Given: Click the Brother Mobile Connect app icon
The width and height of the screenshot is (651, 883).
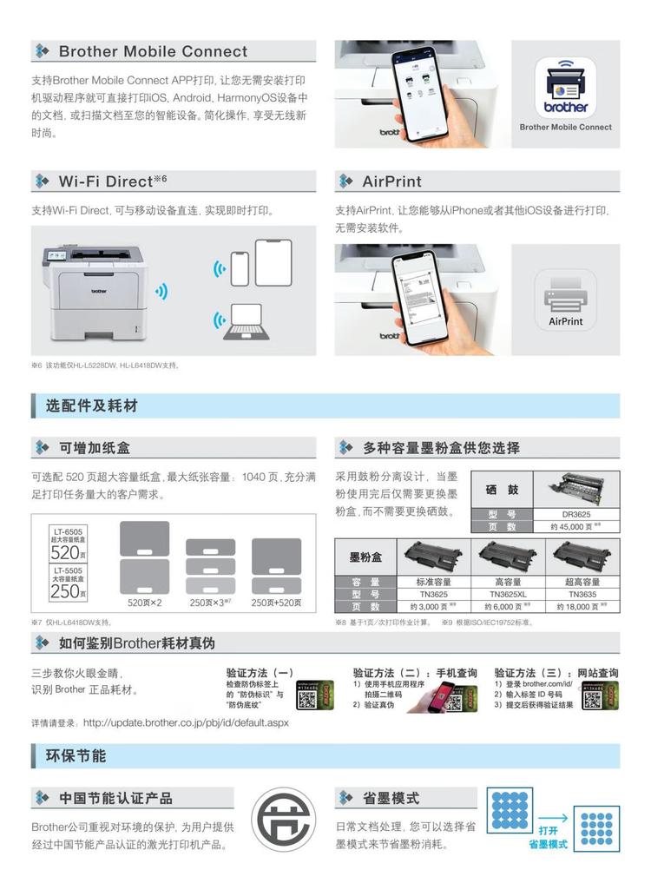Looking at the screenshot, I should [x=566, y=89].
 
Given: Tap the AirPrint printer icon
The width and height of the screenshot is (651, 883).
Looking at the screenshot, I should [x=566, y=300].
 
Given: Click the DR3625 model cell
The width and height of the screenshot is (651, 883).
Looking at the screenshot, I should [x=575, y=514].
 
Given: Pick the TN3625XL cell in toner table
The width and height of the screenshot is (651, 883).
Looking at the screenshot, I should [x=508, y=594].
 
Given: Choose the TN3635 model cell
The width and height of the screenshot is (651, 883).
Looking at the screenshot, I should [x=582, y=594].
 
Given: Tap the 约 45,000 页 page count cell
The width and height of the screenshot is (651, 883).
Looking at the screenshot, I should [x=575, y=526].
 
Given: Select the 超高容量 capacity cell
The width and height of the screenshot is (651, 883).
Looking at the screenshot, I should [x=582, y=582].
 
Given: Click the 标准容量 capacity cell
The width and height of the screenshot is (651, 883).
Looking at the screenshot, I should [x=433, y=582].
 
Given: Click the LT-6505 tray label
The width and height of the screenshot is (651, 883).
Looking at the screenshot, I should [x=68, y=530].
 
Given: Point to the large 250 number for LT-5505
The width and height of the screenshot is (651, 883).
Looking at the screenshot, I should [x=64, y=591].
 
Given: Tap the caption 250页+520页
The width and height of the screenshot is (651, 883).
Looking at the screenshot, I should [x=276, y=603].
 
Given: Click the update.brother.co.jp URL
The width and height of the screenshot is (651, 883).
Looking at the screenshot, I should [x=186, y=722].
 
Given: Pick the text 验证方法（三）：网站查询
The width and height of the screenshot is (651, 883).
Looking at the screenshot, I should [x=556, y=673].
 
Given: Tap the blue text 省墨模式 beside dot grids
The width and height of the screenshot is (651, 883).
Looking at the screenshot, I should [x=549, y=843].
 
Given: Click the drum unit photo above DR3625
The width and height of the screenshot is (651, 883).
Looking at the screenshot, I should [x=575, y=489].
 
